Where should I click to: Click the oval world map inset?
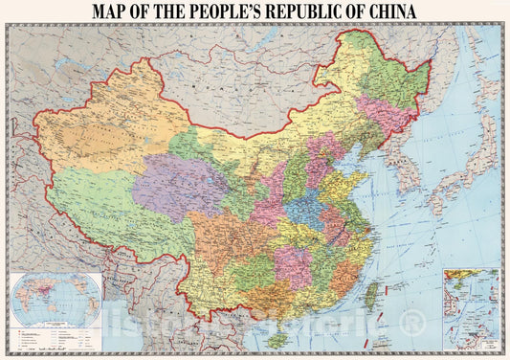pos(55,299)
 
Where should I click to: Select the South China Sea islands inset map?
pos(471,306)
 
